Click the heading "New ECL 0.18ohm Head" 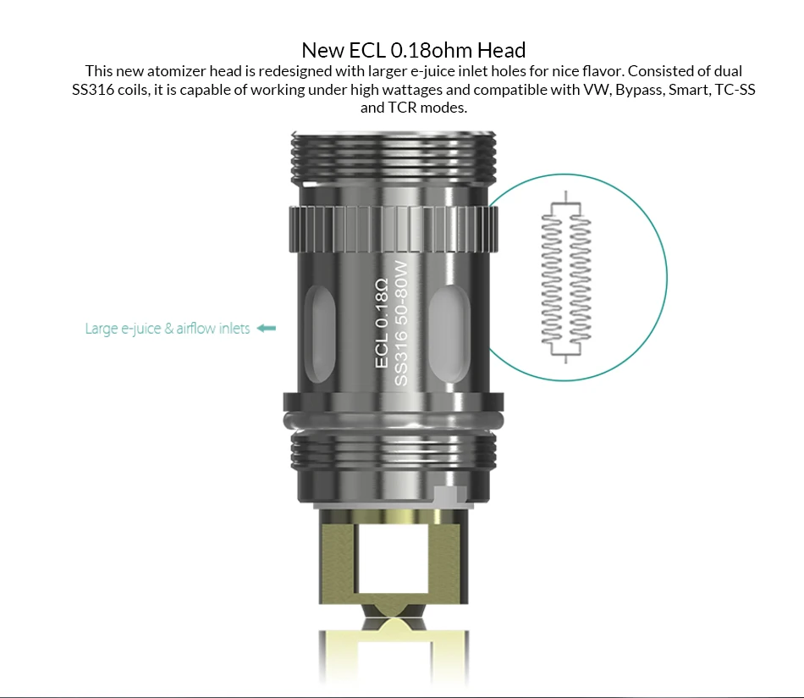click(413, 50)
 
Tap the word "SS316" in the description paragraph click(93, 90)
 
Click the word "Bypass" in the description click(639, 90)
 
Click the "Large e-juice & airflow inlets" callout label click(168, 329)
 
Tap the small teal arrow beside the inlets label click(266, 328)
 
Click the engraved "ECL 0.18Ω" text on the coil click(382, 324)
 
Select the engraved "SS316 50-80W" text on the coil click(400, 324)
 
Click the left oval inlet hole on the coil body click(319, 334)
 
